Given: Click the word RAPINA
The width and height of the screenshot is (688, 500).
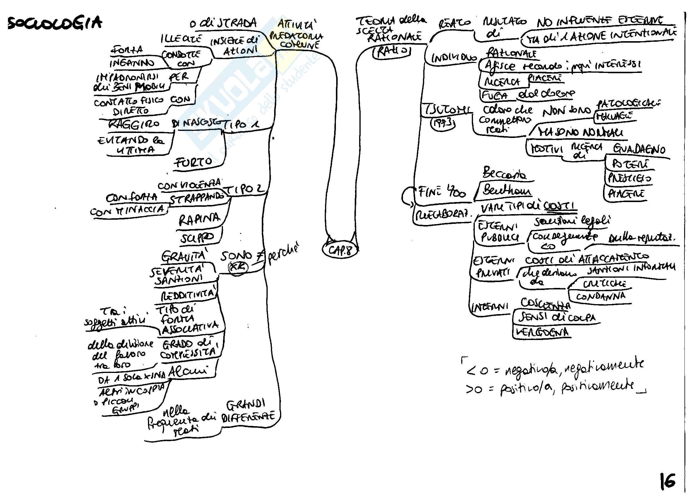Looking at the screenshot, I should coord(199,219).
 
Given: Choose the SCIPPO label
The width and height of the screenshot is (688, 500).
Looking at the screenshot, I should coord(197,238).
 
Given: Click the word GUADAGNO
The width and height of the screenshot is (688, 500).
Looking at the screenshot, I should coord(639,149).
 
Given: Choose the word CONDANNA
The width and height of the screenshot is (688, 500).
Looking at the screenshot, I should coord(600,296).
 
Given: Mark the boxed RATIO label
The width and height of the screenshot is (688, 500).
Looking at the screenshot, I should coord(392,51).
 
